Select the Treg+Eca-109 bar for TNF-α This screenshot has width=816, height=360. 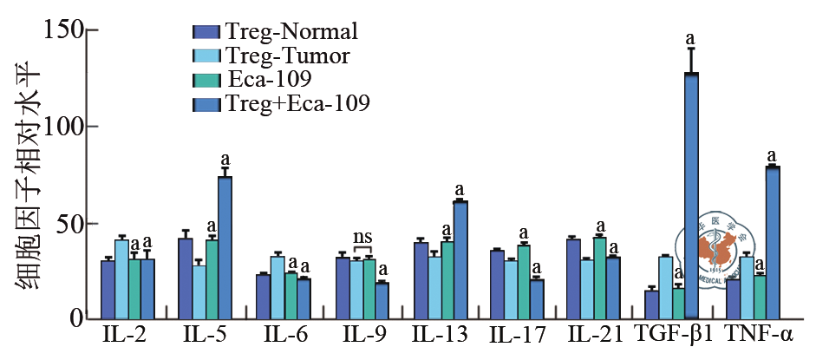tap(773, 242)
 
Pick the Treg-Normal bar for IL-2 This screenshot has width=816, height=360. tap(108, 290)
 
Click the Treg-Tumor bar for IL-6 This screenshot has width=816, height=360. tap(277, 287)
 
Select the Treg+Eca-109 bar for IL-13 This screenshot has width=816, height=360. tap(460, 259)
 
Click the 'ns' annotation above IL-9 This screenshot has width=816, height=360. tap(362, 237)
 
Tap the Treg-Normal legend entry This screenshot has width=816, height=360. tap(276, 32)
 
